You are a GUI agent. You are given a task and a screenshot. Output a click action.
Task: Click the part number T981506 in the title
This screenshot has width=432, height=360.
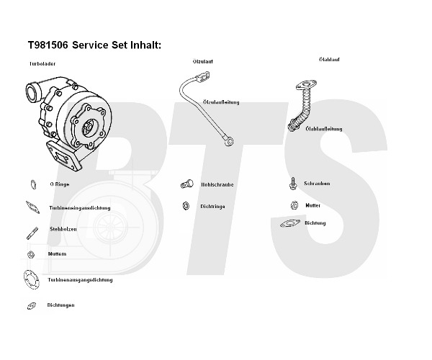48,45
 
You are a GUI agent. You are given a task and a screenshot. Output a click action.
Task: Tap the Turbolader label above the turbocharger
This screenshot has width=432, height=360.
42,64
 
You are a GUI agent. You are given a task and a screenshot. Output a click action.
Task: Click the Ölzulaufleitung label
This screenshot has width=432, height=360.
220,102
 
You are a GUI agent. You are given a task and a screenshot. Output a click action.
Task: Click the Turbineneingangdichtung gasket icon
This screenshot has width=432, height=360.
32,207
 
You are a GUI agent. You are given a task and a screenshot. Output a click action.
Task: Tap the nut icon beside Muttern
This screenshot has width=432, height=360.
31,254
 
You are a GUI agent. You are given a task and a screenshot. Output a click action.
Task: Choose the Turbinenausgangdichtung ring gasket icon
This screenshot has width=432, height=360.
32,279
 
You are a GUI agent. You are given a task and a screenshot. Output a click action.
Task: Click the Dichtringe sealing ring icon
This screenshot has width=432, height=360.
185,207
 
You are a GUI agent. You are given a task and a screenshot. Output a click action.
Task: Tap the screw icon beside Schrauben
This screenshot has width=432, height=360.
293,183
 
